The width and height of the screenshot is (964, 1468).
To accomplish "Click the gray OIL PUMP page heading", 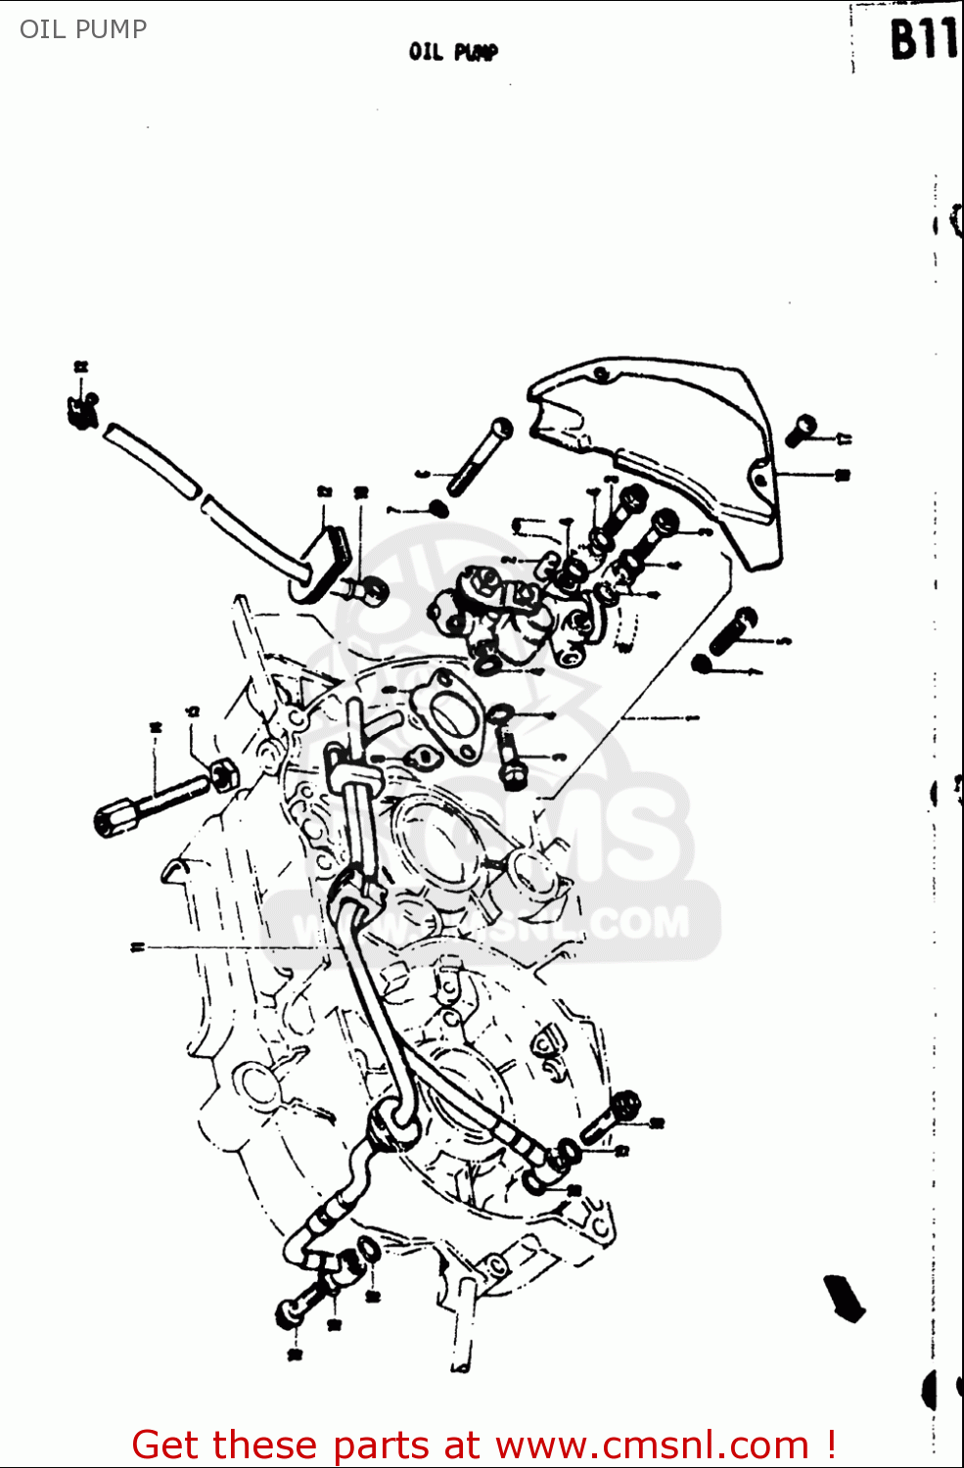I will point(83,29).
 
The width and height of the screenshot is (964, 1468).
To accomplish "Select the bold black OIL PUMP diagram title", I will point(453,52).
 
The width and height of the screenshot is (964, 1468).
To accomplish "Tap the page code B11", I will point(921,41).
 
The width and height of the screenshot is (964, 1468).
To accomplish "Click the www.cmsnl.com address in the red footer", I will point(652,1445).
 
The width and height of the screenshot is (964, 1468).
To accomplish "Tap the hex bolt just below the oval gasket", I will point(511,763).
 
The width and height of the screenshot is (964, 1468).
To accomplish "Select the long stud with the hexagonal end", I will point(147,803).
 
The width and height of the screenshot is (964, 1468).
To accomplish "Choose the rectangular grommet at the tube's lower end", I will point(323,563).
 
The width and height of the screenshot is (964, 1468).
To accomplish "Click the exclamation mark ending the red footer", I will point(830,1445).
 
